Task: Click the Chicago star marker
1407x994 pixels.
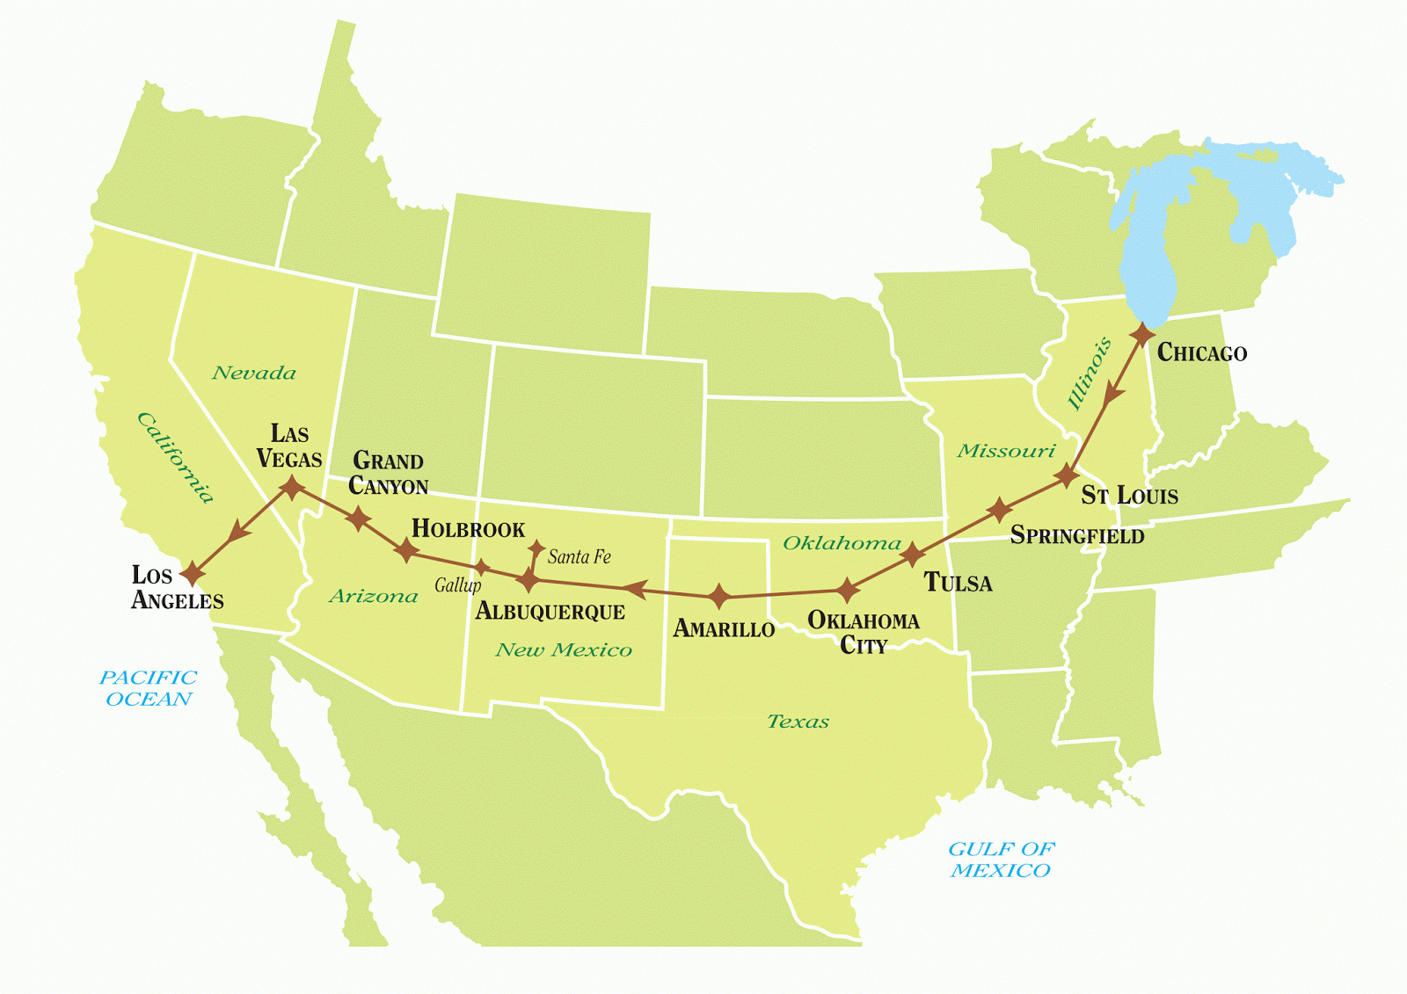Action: pyautogui.click(x=1142, y=335)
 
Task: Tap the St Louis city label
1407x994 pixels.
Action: pyautogui.click(x=1129, y=496)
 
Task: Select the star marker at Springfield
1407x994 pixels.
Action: pyautogui.click(x=999, y=510)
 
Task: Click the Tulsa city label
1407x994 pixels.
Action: pyautogui.click(x=958, y=583)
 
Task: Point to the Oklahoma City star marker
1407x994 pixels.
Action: pyautogui.click(x=846, y=591)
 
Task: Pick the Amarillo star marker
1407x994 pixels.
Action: pyautogui.click(x=719, y=597)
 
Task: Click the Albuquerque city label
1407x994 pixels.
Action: pyautogui.click(x=550, y=612)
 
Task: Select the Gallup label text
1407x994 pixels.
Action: pyautogui.click(x=457, y=585)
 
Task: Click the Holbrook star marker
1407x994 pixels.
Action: pyautogui.click(x=405, y=551)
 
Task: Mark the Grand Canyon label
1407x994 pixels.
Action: pyautogui.click(x=388, y=474)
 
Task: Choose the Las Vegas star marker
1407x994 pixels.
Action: pyautogui.click(x=291, y=487)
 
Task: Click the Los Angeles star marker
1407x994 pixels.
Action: pyautogui.click(x=192, y=574)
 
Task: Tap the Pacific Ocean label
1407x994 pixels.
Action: pyautogui.click(x=148, y=688)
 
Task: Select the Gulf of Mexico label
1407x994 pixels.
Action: pyautogui.click(x=1001, y=860)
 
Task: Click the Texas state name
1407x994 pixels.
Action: pyautogui.click(x=798, y=722)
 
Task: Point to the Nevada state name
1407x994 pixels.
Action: pyautogui.click(x=254, y=373)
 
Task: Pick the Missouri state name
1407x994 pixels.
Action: pyautogui.click(x=1006, y=451)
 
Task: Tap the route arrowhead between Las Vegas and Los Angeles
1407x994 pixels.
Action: pyautogui.click(x=237, y=533)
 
